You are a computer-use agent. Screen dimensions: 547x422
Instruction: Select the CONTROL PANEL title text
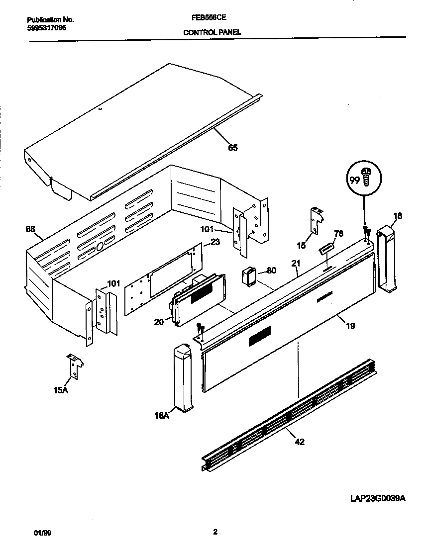212,32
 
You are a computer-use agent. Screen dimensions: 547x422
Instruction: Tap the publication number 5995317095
46,27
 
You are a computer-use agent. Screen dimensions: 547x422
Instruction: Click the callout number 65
232,147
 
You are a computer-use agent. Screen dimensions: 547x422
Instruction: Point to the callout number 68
30,229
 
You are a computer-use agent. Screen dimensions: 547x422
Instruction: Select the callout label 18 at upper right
398,216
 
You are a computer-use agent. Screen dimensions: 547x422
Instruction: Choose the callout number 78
339,233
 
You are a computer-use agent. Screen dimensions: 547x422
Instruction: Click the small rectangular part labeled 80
249,276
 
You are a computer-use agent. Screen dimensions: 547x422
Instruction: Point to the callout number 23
215,243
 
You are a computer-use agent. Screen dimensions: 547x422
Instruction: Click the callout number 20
159,322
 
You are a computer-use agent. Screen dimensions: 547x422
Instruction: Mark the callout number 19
350,326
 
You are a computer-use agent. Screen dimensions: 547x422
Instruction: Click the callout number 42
300,441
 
